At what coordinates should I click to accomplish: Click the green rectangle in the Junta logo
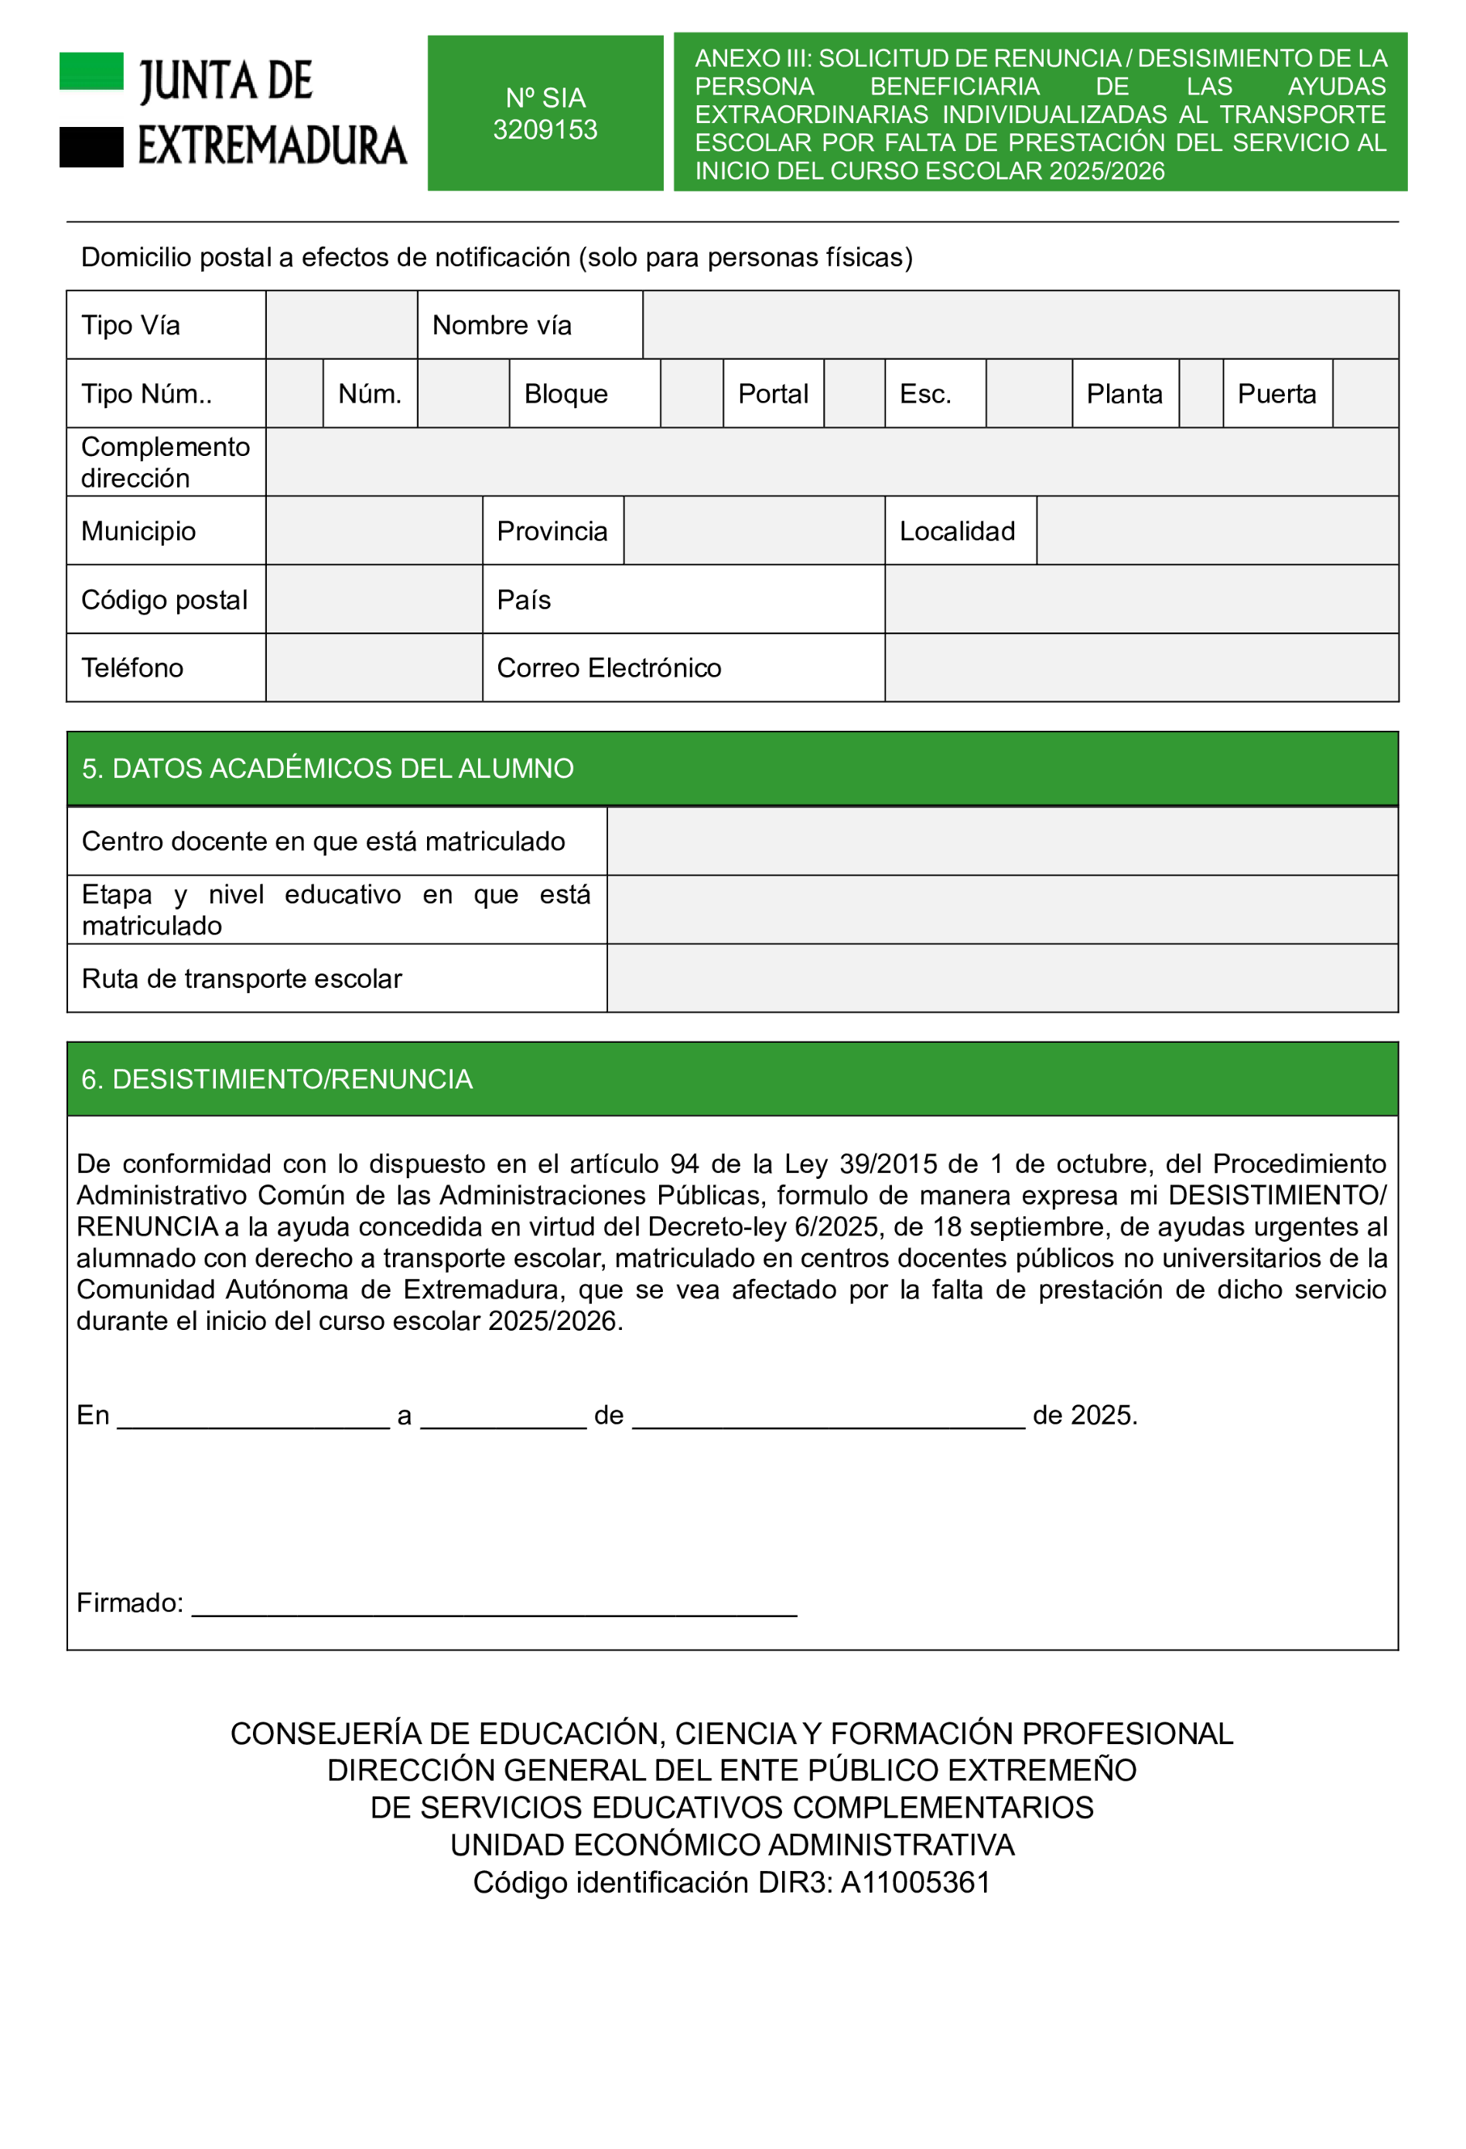(x=91, y=71)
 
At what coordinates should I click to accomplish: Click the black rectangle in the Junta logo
(x=91, y=147)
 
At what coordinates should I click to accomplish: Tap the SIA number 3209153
(x=545, y=129)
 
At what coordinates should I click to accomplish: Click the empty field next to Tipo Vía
(x=341, y=324)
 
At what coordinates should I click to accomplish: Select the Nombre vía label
(x=501, y=325)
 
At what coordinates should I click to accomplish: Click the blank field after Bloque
(x=691, y=394)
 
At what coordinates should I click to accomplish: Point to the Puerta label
(x=1276, y=394)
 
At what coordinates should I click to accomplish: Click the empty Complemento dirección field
(x=831, y=461)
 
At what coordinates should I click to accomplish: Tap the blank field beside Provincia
(x=754, y=531)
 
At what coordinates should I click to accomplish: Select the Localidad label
(x=957, y=532)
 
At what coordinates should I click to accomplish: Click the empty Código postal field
(x=374, y=599)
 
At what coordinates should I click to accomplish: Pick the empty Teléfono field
(x=374, y=667)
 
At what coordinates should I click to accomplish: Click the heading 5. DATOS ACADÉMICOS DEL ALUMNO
(x=327, y=769)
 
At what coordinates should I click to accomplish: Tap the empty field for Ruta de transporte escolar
(x=1001, y=979)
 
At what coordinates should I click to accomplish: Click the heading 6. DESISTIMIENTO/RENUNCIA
(x=276, y=1079)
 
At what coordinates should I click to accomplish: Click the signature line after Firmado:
(x=494, y=1607)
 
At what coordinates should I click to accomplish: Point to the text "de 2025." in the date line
(x=1085, y=1416)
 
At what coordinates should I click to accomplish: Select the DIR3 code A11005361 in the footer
(x=914, y=1883)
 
